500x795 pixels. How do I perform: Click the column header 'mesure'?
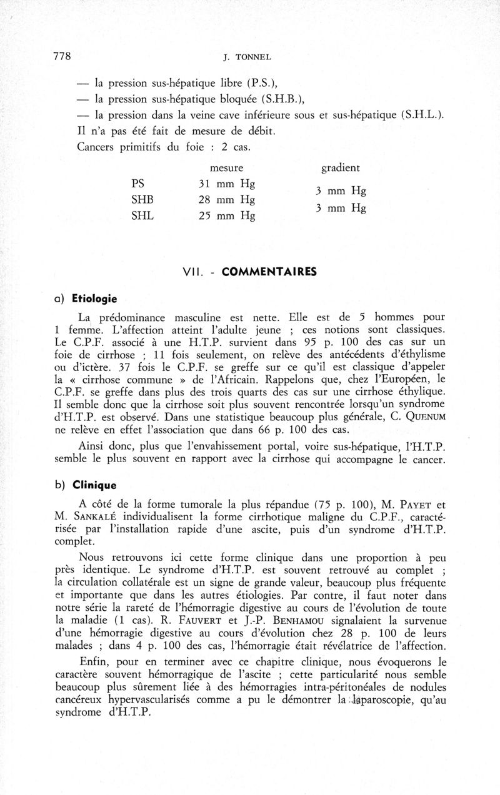tap(226, 168)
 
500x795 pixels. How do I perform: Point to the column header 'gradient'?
tap(340, 168)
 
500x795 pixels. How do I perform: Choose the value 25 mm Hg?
tap(226, 217)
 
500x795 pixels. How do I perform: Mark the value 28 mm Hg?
tap(226, 200)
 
